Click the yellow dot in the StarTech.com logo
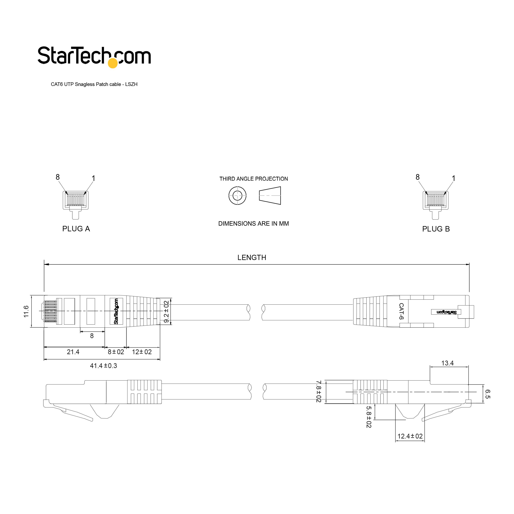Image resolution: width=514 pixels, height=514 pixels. tap(113, 63)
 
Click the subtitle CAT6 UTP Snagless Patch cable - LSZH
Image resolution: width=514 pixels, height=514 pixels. tap(94, 84)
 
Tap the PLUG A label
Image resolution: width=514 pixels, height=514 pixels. tap(76, 229)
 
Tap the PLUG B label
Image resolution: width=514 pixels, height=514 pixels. tap(436, 229)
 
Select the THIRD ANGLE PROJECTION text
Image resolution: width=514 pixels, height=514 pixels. tap(254, 179)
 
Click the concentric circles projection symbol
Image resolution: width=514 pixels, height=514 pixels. tap(237, 196)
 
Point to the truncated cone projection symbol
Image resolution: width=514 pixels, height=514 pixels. tap(270, 196)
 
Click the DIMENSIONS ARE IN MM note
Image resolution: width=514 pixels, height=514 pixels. tap(254, 223)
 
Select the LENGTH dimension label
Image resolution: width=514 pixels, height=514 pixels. tap(252, 258)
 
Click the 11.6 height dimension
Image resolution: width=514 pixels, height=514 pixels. tap(26, 311)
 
